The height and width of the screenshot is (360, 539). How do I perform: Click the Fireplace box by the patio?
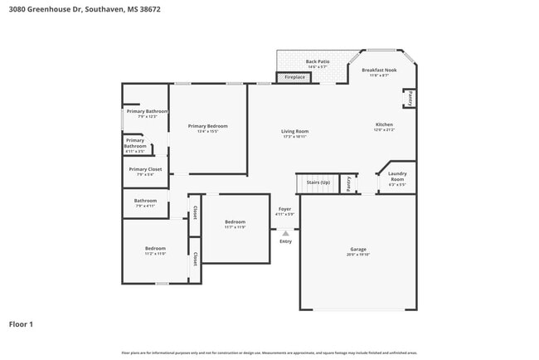click(294, 77)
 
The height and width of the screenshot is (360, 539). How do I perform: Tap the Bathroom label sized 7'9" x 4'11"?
click(146, 202)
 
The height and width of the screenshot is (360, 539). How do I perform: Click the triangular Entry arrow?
click(285, 234)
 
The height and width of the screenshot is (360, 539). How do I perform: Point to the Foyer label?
click(284, 211)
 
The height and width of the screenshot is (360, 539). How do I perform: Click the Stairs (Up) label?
click(318, 182)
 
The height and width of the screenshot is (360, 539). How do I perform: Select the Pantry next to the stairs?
click(349, 182)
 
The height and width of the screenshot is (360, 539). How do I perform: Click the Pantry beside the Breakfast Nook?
click(409, 98)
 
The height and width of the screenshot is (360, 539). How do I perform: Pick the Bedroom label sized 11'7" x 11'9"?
click(235, 223)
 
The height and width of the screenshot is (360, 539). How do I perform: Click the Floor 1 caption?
click(21, 324)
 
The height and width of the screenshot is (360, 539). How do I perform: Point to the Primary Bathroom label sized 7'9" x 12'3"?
click(147, 113)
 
